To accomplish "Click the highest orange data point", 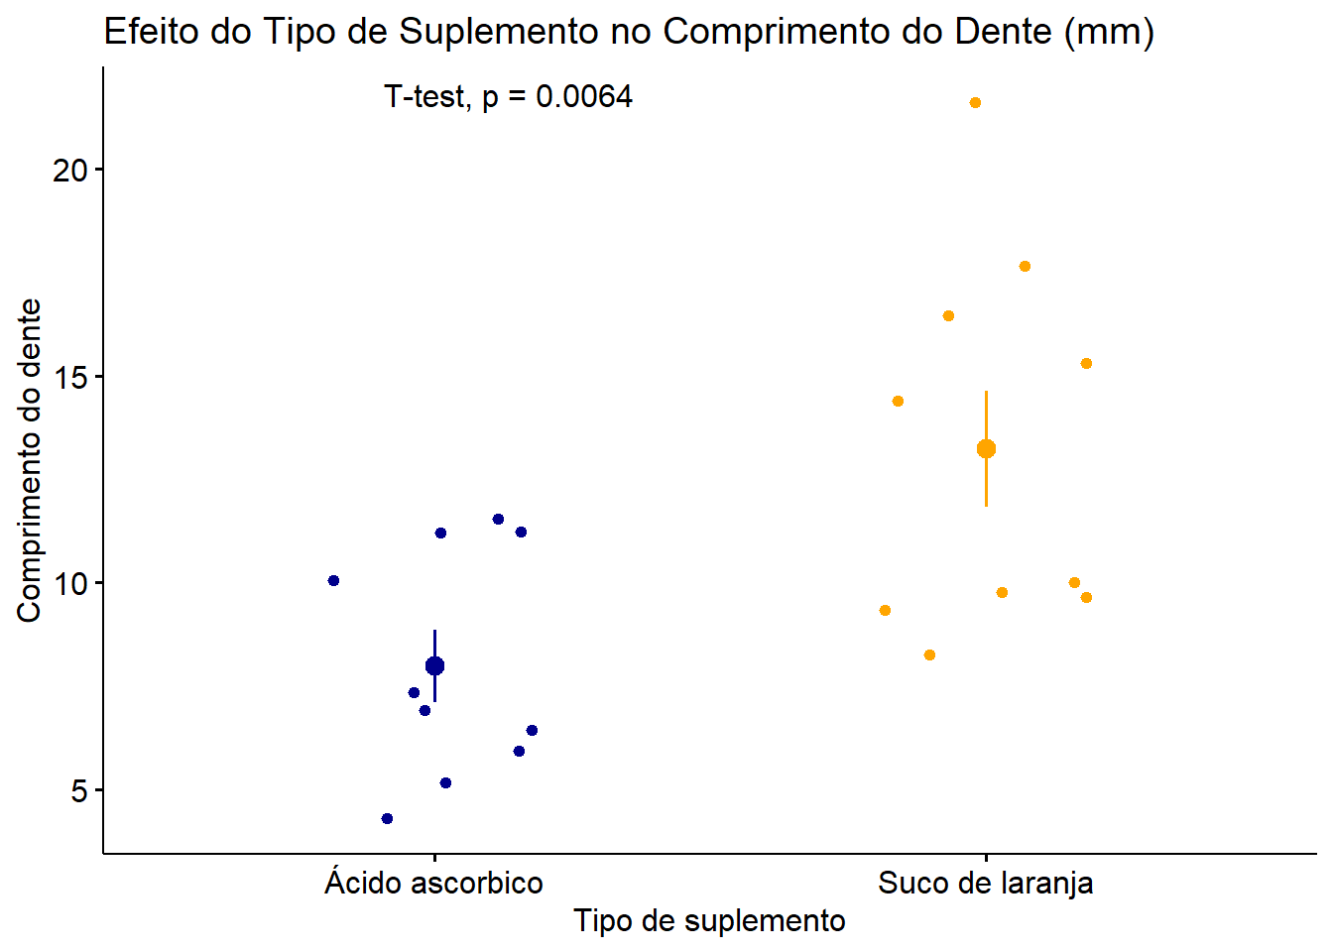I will [975, 103].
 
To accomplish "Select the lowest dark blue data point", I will [387, 818].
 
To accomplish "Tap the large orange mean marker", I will [986, 449].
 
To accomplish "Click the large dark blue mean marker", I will [434, 665].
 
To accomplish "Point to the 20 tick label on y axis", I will [70, 171].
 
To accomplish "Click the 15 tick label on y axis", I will [70, 377].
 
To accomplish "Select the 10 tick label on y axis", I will [70, 583].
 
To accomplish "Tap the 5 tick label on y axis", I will [79, 791].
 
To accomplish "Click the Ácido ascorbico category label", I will [433, 883].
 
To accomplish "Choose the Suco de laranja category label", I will [985, 883].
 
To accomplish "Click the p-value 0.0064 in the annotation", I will [584, 97].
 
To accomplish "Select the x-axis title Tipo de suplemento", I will [709, 920].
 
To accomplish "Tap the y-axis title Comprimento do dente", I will [29, 460].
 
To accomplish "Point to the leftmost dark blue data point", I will [333, 580].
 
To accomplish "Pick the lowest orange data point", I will [929, 654].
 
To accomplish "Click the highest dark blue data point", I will [498, 519].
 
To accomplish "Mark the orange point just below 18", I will [1025, 266].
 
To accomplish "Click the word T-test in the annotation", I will [424, 97].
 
